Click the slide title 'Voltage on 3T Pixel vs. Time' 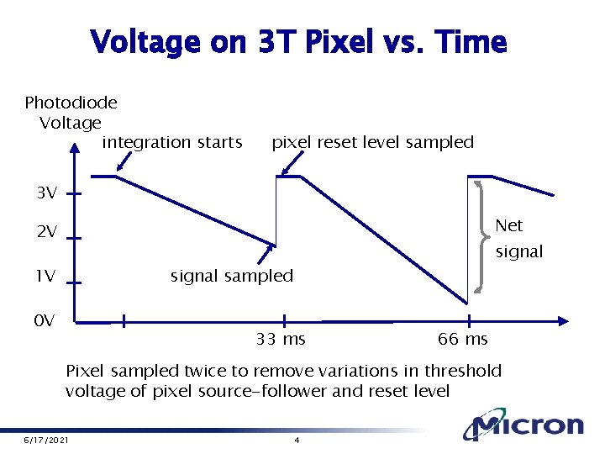coord(298,41)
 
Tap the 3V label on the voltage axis coord(47,193)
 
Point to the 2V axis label coord(47,233)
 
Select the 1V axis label coord(45,277)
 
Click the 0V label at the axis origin coord(45,320)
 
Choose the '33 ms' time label coord(281,340)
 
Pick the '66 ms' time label coord(462,340)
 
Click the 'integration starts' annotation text coord(172,142)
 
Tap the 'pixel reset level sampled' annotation coord(372,142)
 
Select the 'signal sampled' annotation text coord(232,276)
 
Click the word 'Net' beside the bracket coord(509,225)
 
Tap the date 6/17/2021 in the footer coord(45,441)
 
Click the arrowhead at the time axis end coord(566,320)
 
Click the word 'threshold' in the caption coord(462,371)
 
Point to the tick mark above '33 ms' coord(283,320)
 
